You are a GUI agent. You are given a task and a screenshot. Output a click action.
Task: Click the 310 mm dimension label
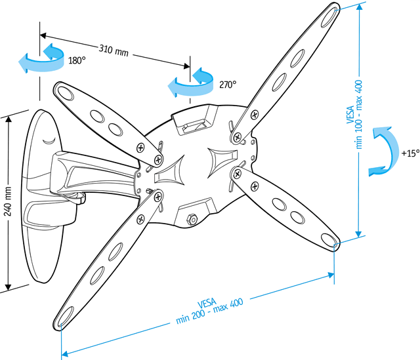114,50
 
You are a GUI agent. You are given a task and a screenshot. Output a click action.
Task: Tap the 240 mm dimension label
8,201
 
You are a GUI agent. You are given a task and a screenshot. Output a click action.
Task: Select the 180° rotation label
77,60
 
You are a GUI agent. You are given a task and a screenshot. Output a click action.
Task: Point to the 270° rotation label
228,85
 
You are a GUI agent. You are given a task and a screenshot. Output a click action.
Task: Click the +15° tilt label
410,153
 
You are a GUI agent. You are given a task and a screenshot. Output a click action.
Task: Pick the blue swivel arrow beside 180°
41,59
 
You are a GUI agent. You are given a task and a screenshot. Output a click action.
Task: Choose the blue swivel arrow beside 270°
191,83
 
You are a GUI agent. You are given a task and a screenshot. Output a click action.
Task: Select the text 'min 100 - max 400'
358,114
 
